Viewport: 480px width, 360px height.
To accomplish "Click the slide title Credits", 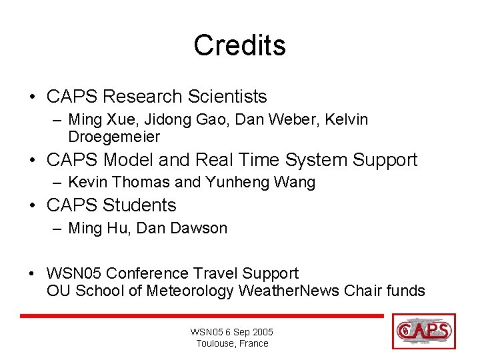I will (x=239, y=45).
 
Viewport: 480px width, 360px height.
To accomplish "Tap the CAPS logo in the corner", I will (x=424, y=331).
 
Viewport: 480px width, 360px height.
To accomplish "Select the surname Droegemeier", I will (x=114, y=137).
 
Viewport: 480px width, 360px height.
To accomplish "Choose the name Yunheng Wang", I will (x=261, y=182).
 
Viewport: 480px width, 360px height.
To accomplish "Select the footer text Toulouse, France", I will (x=232, y=343).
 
